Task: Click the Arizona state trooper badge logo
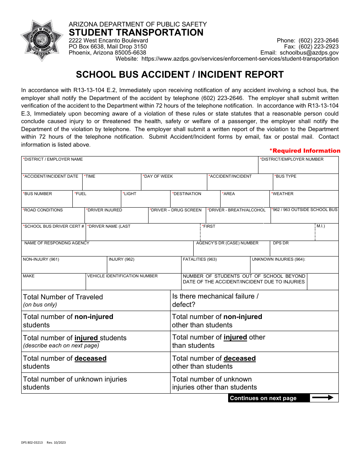point(42,41)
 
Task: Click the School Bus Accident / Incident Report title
point(180,75)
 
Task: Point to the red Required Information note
point(305,151)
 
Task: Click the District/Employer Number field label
point(291,160)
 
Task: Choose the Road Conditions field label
point(43,210)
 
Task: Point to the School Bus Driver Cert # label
point(53,227)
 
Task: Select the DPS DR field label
point(281,243)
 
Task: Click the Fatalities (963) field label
point(200,260)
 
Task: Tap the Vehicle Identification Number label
point(122,276)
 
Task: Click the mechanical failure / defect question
point(215,300)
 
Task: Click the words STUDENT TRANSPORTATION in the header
point(136,33)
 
